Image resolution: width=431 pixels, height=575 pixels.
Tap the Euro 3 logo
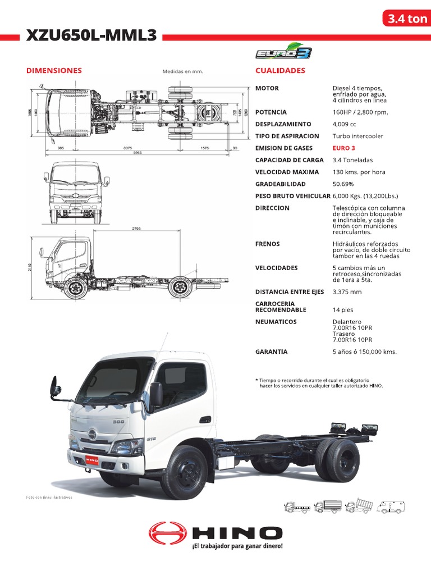pos(283,53)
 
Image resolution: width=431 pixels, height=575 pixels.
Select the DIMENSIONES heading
pos(54,71)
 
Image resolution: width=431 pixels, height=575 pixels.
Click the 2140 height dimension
pos(30,267)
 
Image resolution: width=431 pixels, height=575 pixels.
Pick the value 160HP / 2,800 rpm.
pos(360,112)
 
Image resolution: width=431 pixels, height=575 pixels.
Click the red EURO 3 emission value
pos(343,148)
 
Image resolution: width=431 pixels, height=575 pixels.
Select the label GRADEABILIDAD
pos(280,184)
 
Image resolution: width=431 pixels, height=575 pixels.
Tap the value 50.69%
pos(343,184)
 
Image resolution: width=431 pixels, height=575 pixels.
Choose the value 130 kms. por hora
pos(359,172)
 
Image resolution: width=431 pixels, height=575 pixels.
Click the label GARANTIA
pos(271,352)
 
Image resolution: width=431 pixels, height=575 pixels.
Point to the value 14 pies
pos(343,310)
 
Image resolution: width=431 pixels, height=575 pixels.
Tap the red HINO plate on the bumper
pos(91,459)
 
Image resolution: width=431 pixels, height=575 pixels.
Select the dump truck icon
pos(358,506)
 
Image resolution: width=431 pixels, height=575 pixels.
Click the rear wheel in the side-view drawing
pos(180,287)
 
